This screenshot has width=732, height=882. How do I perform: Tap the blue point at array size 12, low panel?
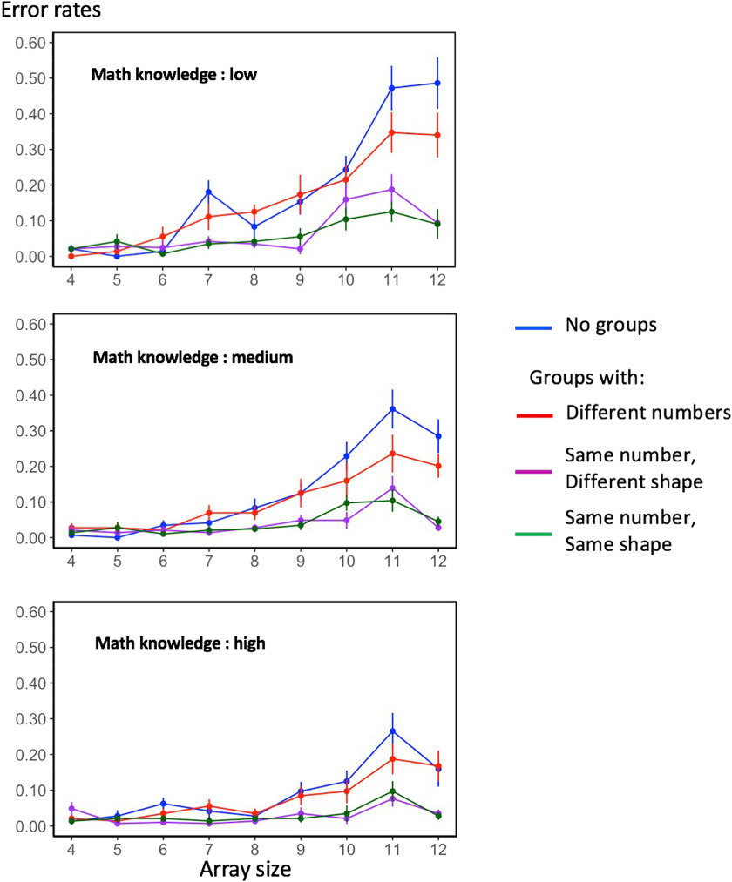437,84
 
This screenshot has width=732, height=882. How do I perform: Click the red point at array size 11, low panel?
393,132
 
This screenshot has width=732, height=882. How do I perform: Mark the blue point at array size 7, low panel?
209,192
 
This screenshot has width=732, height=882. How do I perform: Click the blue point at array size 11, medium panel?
393,409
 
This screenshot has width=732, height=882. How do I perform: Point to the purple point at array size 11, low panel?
393,189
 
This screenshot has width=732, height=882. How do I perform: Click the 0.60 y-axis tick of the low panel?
29,42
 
